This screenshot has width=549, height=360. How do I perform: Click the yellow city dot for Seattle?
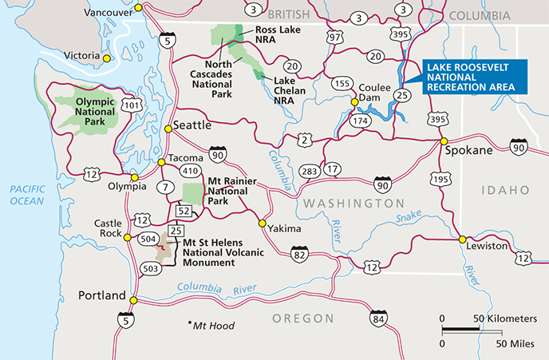pos(168,128)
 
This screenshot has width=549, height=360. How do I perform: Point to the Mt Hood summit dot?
pos(190,324)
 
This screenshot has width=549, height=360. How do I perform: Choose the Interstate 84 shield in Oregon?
pos(378,319)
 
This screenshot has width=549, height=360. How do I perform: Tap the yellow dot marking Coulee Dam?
pos(354,101)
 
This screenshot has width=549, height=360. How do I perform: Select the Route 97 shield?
pos(335,38)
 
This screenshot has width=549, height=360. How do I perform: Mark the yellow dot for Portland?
pos(133,301)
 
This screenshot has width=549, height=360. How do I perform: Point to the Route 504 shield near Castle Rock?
pos(148,238)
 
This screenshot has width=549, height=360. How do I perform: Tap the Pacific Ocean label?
pos(27,195)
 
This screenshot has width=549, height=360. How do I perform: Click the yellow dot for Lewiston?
pos(462,238)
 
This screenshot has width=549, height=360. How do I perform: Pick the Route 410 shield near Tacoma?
pos(189,170)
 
